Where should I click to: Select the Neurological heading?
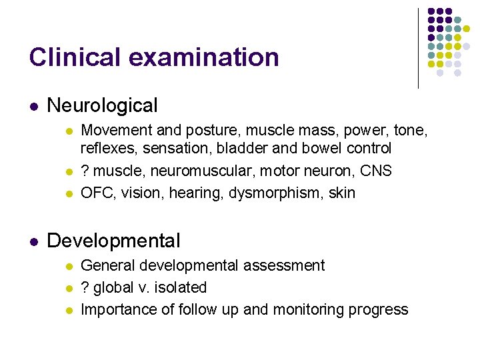tap(103, 105)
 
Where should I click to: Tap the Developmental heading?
tap(114, 241)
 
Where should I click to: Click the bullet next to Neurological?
tap(33, 106)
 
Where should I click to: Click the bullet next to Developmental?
tap(33, 241)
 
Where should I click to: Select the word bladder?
tap(251, 148)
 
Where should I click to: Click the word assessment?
tap(283, 265)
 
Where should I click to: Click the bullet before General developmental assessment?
tap(67, 266)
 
